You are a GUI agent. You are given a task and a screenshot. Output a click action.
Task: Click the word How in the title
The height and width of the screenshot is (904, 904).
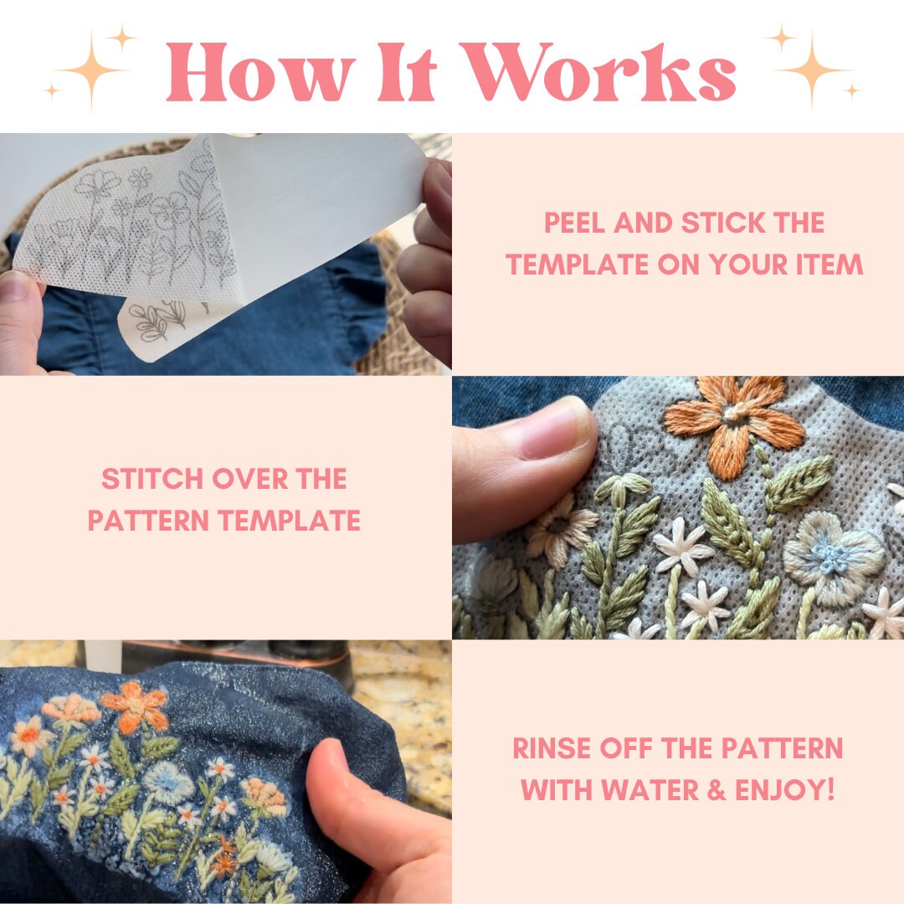(260, 72)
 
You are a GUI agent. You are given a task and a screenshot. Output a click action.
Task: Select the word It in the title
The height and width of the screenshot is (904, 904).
(406, 72)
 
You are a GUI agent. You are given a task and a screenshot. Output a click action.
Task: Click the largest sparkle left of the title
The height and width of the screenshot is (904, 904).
(91, 69)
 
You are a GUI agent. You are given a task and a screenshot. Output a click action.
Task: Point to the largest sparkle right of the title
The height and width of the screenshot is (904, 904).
(813, 69)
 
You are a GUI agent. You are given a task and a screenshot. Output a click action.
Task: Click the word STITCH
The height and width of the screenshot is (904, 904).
(152, 479)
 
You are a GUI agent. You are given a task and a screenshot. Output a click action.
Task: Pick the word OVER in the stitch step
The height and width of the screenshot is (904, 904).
(249, 479)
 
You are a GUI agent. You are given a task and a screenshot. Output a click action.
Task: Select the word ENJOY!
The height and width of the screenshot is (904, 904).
(784, 790)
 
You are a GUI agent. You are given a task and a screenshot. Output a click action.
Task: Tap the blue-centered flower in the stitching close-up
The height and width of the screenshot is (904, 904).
(832, 556)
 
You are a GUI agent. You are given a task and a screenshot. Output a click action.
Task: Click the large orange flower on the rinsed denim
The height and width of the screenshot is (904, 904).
(136, 706)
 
